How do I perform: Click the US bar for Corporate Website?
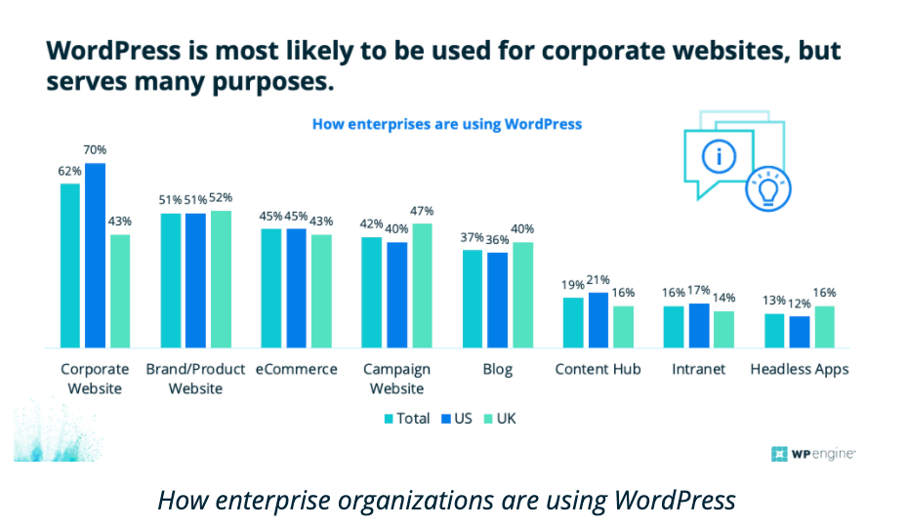pyautogui.click(x=95, y=255)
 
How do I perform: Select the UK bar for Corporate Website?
pyautogui.click(x=119, y=291)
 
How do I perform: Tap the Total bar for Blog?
pyautogui.click(x=473, y=299)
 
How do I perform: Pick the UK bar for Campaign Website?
pyautogui.click(x=422, y=285)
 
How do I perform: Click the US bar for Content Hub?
pyautogui.click(x=598, y=320)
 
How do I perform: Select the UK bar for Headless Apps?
pyautogui.click(x=825, y=327)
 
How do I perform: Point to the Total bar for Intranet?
pyautogui.click(x=674, y=327)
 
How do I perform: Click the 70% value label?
pyautogui.click(x=95, y=150)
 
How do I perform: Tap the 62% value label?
pyautogui.click(x=69, y=171)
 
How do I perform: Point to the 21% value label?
pyautogui.click(x=598, y=280)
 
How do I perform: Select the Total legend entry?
pyautogui.click(x=407, y=419)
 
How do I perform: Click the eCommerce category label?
pyautogui.click(x=297, y=370)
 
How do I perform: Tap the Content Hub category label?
pyautogui.click(x=598, y=370)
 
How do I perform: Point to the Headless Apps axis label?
pyautogui.click(x=800, y=370)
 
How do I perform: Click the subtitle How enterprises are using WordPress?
pyautogui.click(x=446, y=124)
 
